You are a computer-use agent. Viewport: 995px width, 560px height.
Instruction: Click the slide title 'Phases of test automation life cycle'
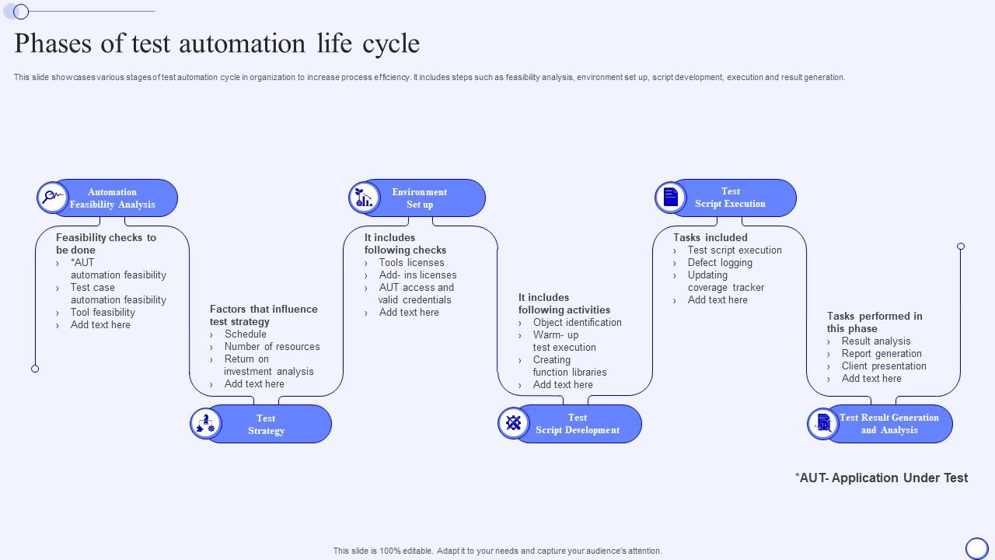tap(217, 44)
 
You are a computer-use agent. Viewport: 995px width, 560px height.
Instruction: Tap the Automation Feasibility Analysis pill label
tap(113, 198)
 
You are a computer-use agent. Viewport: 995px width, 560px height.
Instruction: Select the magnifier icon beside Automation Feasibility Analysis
tap(52, 198)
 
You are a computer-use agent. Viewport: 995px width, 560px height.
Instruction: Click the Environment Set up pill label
tap(420, 198)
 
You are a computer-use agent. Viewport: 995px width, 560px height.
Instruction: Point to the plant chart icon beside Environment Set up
tap(364, 198)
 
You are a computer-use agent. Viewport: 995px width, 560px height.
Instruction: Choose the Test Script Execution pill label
tap(730, 198)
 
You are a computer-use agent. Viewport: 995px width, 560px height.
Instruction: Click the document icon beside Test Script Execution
tap(671, 198)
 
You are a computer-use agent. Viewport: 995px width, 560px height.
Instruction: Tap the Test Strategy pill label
tap(266, 425)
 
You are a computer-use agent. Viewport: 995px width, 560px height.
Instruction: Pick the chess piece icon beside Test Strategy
tap(206, 424)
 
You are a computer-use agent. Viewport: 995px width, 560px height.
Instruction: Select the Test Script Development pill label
tap(577, 424)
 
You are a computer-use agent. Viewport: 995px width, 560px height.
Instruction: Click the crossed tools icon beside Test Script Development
tap(514, 423)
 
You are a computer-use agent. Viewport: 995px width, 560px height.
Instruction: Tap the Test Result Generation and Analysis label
tap(889, 424)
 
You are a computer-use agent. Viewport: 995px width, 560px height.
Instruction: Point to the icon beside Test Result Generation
tap(822, 424)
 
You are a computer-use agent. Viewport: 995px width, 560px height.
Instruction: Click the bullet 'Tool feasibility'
tap(103, 313)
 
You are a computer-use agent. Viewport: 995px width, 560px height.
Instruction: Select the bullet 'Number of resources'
tap(272, 347)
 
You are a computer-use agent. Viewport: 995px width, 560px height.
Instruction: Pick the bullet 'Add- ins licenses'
tap(417, 275)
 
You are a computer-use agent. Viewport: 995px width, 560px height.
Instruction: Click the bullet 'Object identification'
tap(577, 323)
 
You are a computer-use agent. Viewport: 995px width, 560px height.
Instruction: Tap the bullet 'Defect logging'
tap(720, 263)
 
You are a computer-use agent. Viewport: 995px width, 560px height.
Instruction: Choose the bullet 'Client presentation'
tap(884, 366)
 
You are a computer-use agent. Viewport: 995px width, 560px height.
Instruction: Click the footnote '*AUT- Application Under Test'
tap(882, 478)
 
